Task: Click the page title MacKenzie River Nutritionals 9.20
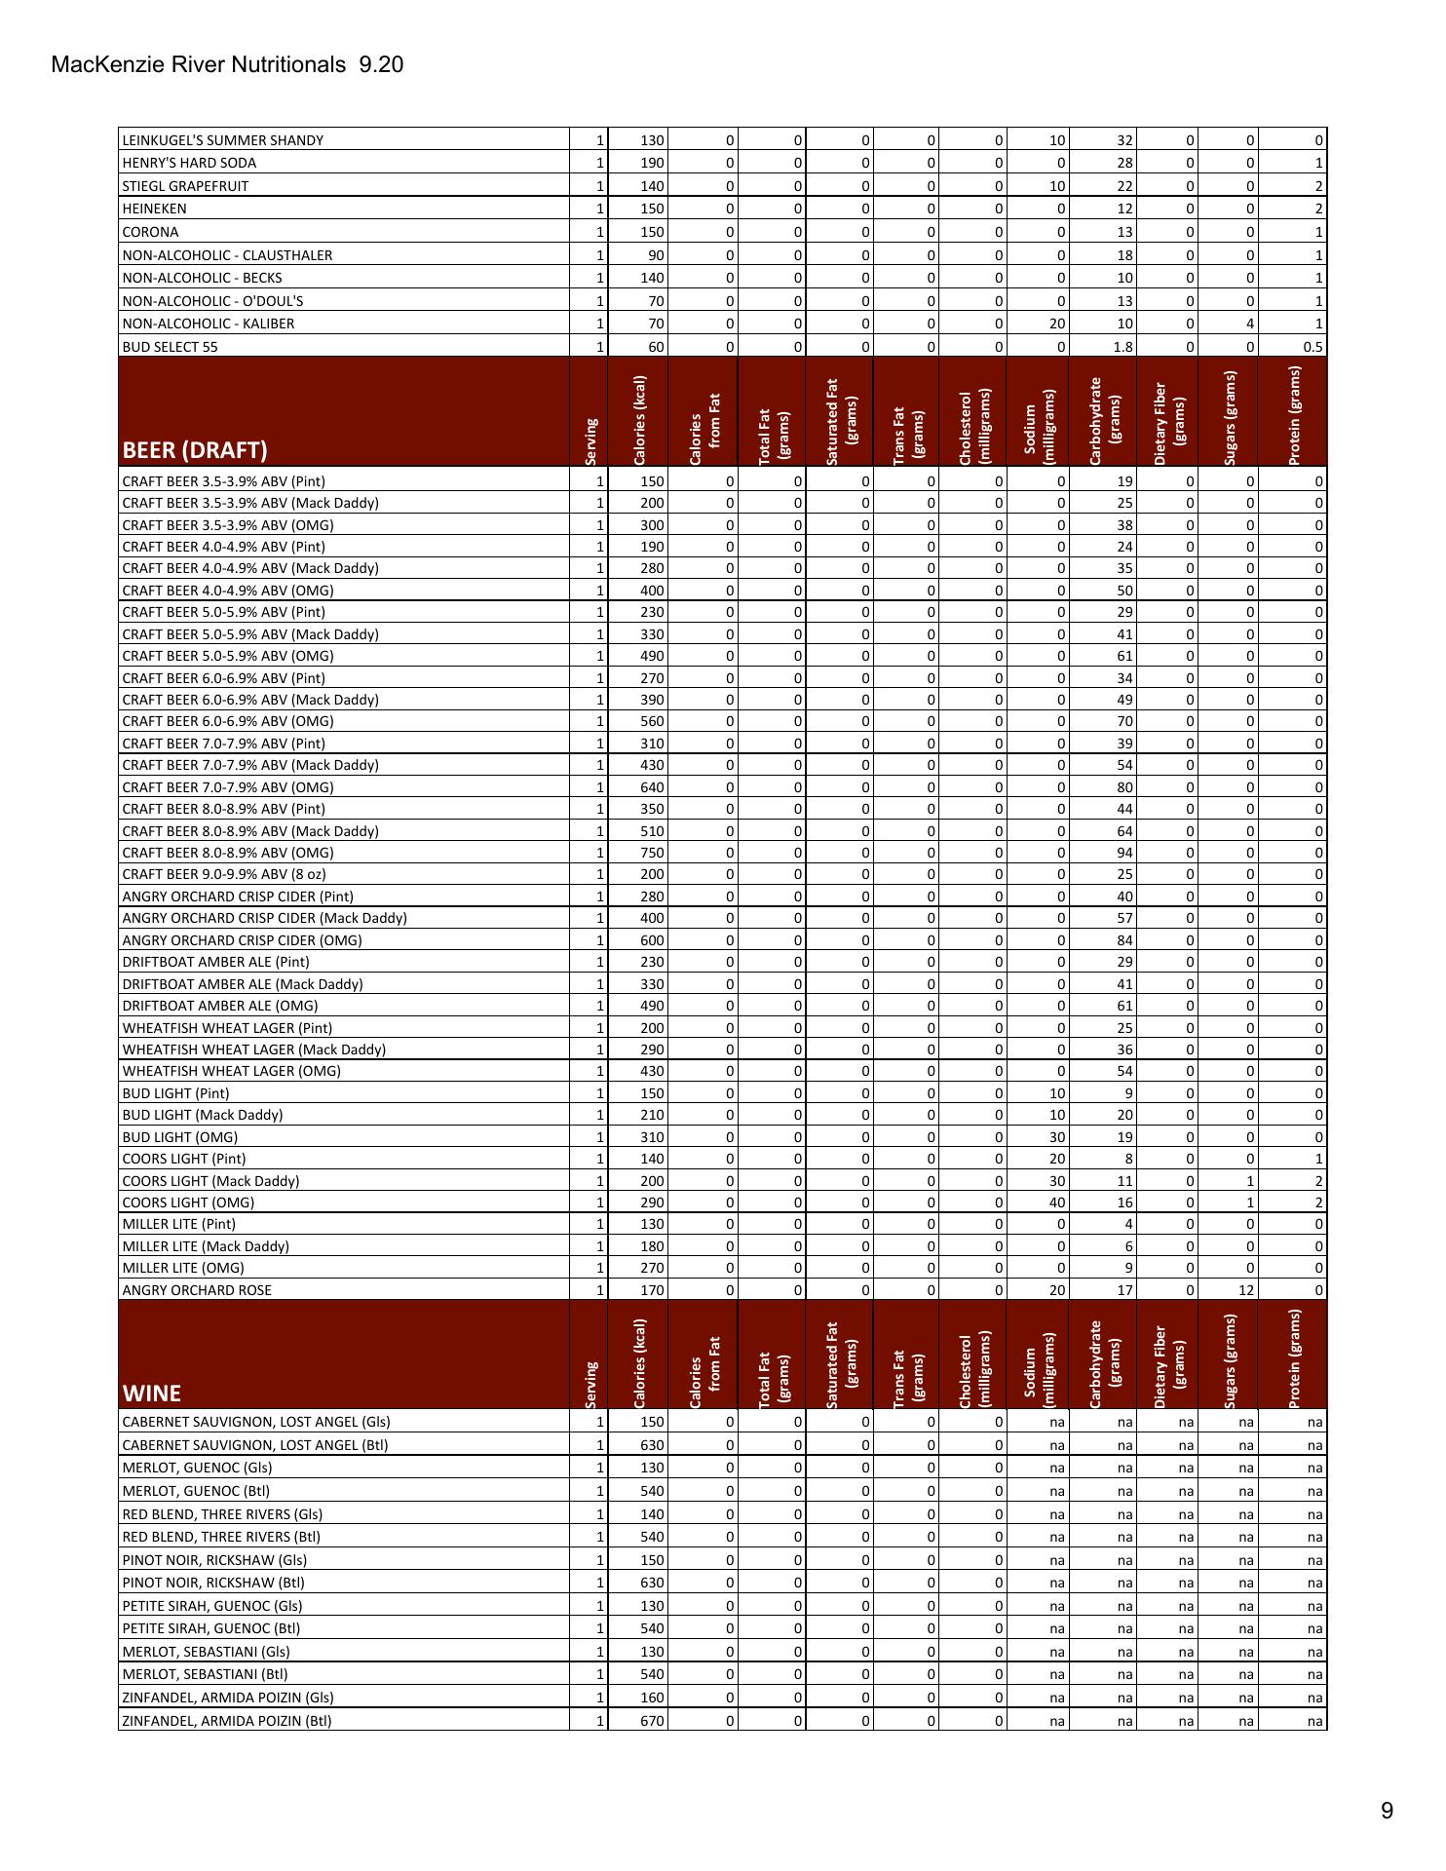click(x=227, y=65)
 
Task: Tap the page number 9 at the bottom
click(x=1387, y=1811)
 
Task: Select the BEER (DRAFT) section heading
click(x=194, y=450)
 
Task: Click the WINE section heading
click(x=152, y=1393)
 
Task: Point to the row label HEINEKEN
click(x=154, y=209)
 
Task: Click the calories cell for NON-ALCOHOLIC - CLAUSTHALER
click(x=653, y=255)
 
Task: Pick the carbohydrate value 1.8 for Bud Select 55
click(x=1122, y=347)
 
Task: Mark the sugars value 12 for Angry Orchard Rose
click(x=1247, y=1290)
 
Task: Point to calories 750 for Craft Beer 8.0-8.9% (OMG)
click(x=652, y=853)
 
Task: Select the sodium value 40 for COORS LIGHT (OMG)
click(x=1057, y=1203)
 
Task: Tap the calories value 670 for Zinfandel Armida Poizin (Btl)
click(x=652, y=1721)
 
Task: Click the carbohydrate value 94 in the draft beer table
click(x=1124, y=853)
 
